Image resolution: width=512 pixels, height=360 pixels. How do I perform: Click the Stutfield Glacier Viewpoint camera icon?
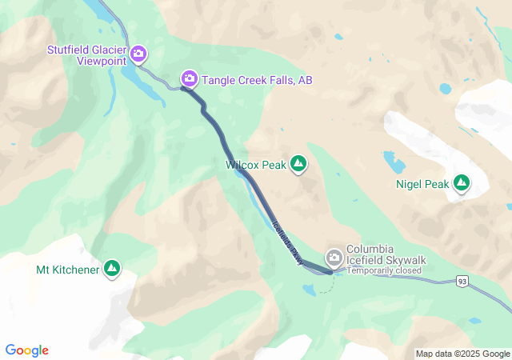coord(138,54)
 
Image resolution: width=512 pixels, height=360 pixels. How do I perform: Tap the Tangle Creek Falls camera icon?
coord(190,78)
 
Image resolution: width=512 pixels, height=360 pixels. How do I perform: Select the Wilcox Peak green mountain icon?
coord(298,165)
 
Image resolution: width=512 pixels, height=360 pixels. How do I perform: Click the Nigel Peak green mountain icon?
coord(462,184)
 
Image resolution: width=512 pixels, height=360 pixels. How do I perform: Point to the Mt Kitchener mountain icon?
coord(112,270)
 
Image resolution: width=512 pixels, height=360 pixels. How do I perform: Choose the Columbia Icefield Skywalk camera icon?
coord(334,257)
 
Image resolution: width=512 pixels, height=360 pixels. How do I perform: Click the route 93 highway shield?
coord(462,281)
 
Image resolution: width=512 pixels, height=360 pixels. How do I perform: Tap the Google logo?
coord(27,350)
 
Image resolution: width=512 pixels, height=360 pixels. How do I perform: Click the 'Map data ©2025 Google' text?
coord(462,354)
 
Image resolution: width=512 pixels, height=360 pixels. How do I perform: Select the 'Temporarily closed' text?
coord(384,270)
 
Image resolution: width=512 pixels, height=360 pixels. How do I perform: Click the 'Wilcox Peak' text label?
coord(256,165)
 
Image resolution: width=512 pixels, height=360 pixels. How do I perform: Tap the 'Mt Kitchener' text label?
coord(68,270)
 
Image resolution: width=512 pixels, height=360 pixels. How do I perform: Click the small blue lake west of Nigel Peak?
coord(394,163)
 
